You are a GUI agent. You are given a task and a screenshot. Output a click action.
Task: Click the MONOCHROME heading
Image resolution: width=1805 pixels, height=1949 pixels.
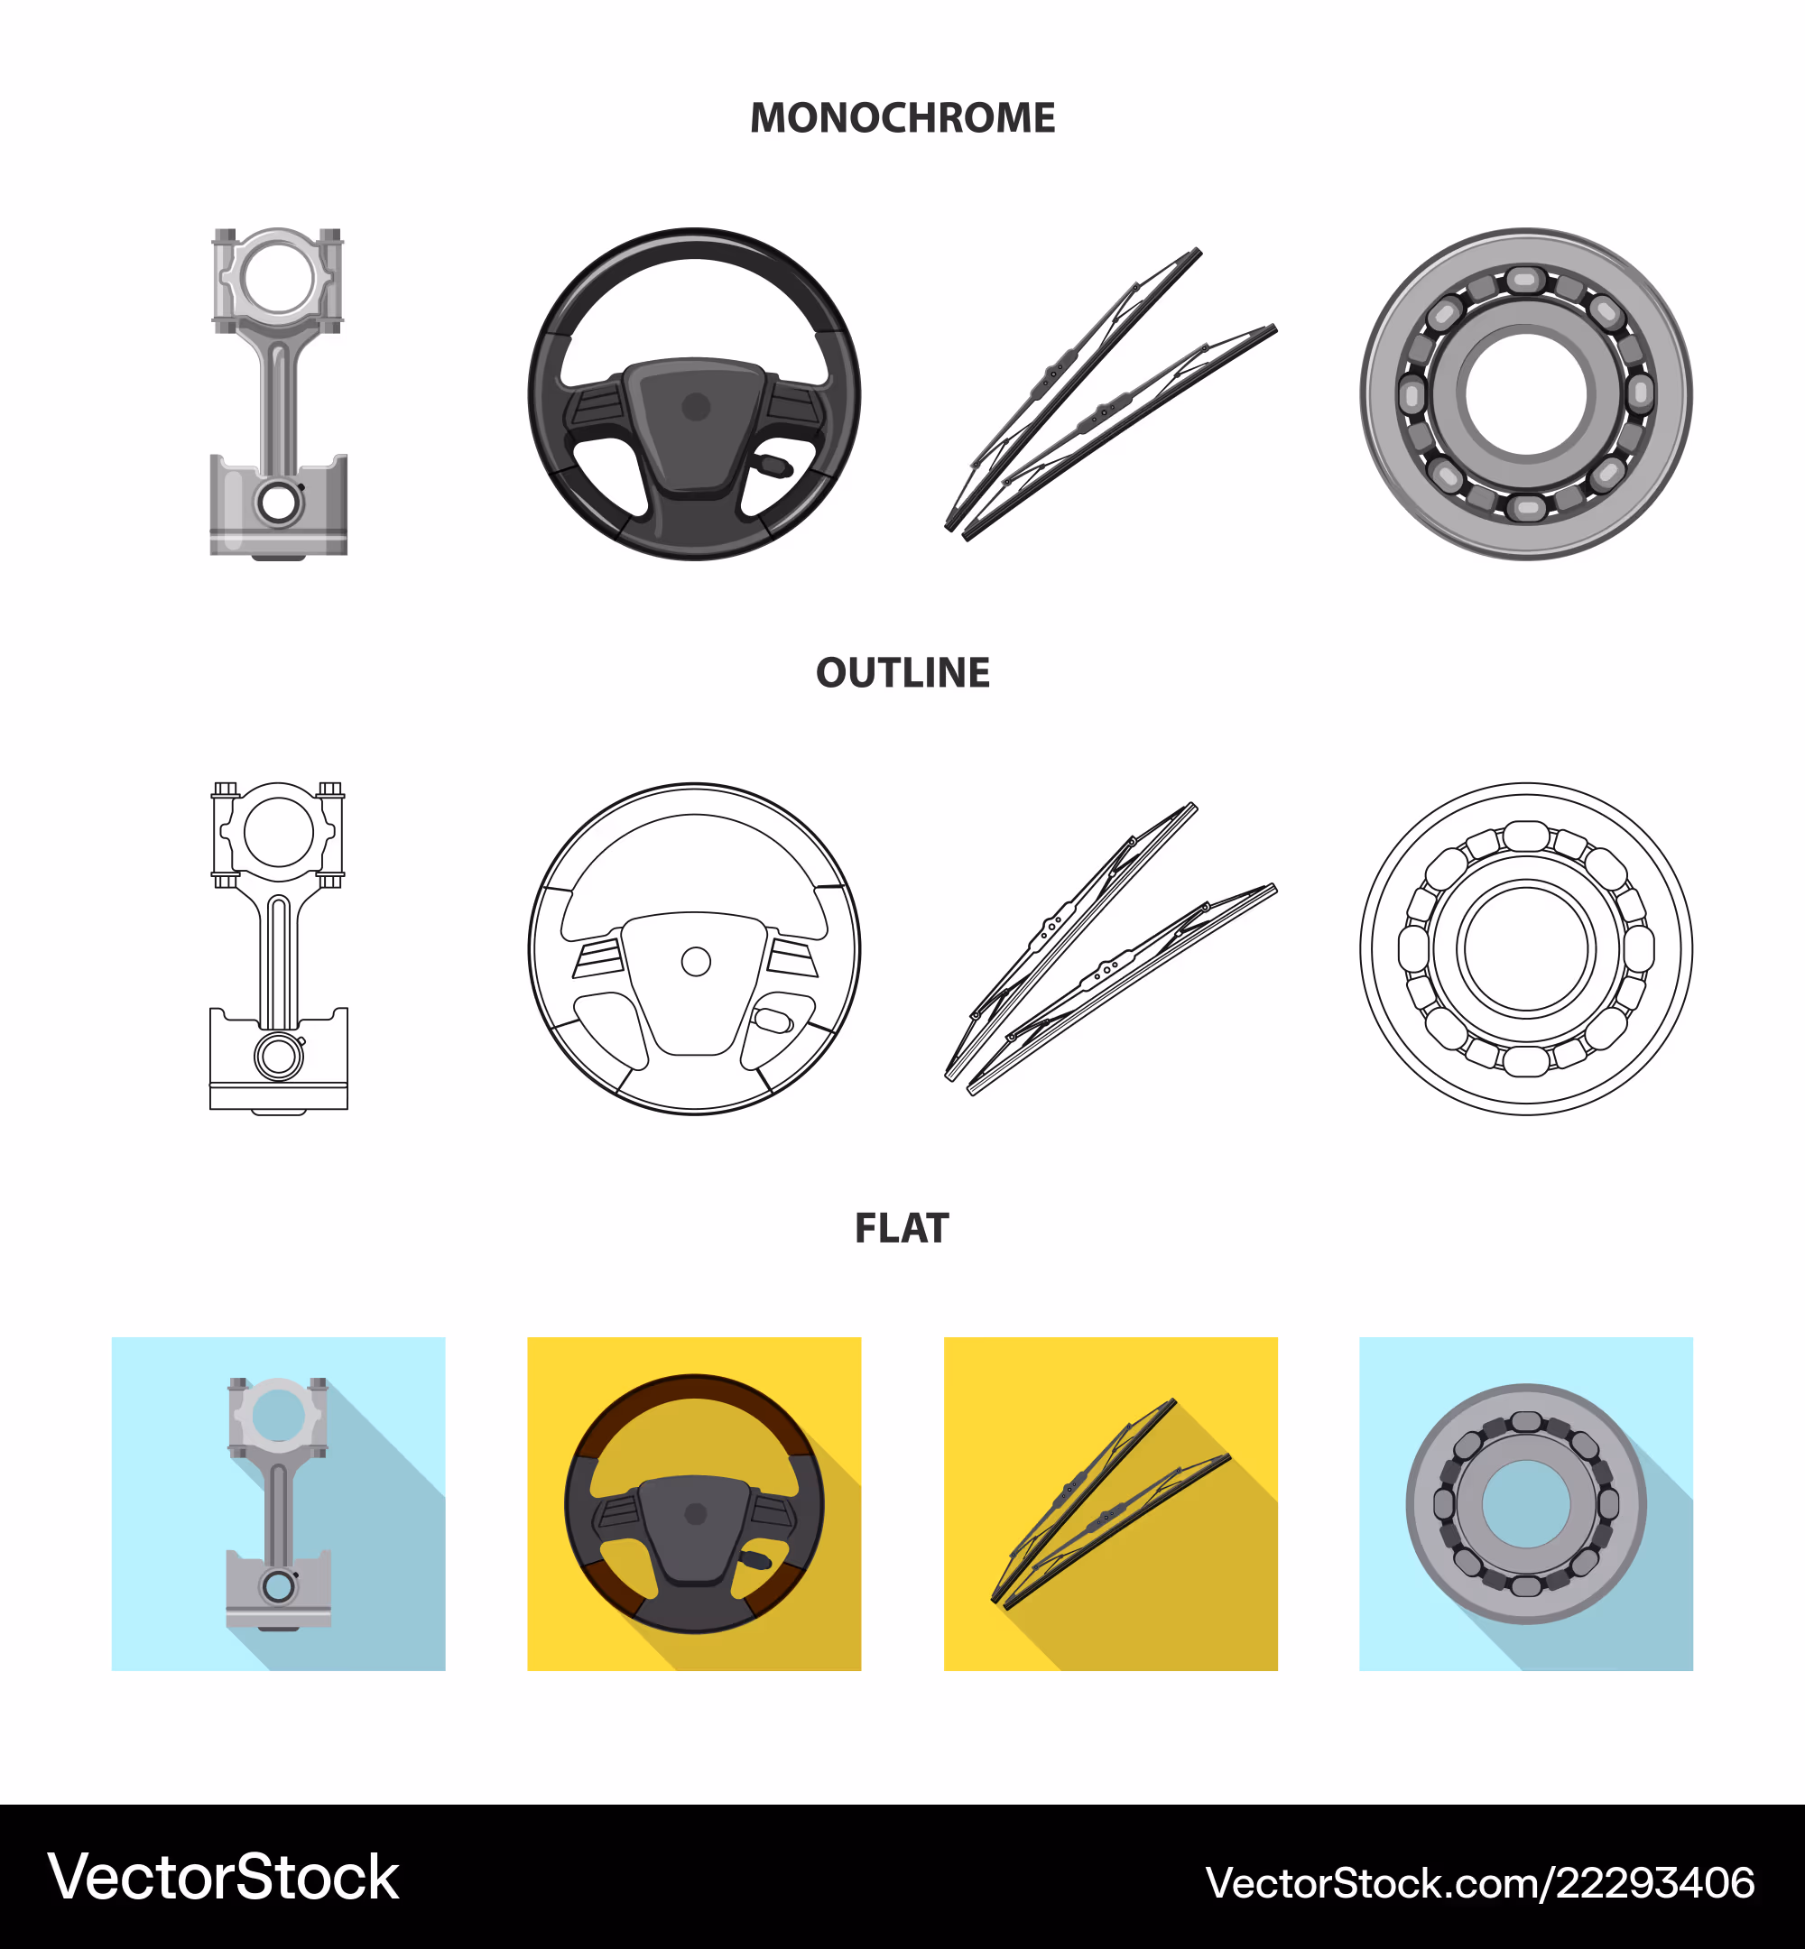tap(902, 118)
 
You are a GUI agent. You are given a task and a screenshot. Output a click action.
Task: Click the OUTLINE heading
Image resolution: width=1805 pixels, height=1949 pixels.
tap(902, 673)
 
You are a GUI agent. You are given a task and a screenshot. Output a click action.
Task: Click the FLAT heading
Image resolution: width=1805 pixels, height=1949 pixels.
tap(902, 1227)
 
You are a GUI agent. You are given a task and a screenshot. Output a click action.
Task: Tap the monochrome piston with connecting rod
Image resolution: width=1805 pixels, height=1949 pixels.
tap(278, 393)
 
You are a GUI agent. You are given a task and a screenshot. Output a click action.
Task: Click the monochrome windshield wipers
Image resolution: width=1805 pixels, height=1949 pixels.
tap(1111, 394)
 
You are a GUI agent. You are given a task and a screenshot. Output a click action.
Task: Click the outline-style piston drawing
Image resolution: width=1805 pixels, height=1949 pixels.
tap(278, 948)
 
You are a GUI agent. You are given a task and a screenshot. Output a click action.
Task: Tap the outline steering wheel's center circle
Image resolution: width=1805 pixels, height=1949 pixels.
tap(696, 962)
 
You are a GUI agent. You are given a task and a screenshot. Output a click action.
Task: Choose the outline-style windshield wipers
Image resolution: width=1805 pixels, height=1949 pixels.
tap(1111, 949)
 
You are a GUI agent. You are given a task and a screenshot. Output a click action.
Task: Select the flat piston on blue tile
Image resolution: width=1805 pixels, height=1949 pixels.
tap(278, 1505)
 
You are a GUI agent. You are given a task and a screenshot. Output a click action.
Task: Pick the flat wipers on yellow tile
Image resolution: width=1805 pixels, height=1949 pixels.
tap(1111, 1504)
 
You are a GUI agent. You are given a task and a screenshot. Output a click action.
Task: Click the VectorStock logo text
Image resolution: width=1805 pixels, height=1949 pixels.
tap(224, 1877)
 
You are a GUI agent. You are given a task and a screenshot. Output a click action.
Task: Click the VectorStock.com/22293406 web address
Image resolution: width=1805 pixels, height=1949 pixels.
tap(1480, 1882)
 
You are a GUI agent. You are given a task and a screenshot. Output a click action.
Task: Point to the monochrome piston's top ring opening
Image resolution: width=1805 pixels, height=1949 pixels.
tap(278, 277)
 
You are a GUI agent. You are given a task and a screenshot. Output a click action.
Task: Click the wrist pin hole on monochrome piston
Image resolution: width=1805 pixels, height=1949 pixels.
tap(278, 503)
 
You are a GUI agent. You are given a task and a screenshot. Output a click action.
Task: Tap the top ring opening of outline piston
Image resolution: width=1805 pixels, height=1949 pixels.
tap(278, 832)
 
